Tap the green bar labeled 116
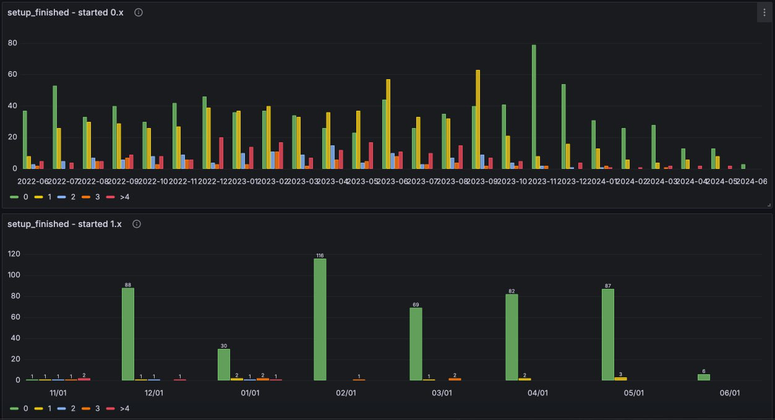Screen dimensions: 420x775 point(320,319)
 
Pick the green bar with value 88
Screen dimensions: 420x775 point(128,334)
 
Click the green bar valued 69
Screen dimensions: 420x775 point(416,344)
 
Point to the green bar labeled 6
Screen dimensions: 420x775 point(704,377)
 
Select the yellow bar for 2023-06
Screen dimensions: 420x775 point(388,124)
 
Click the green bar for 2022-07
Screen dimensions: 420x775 point(55,127)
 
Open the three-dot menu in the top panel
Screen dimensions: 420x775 point(764,12)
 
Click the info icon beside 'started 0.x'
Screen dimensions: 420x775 point(139,12)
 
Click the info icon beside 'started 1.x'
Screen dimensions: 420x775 point(137,224)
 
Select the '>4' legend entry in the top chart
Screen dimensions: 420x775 point(118,197)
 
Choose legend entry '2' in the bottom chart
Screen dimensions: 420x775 point(67,408)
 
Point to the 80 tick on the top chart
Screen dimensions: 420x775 point(12,43)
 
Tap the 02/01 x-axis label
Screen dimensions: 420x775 point(346,393)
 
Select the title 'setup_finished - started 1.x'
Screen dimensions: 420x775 point(64,224)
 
